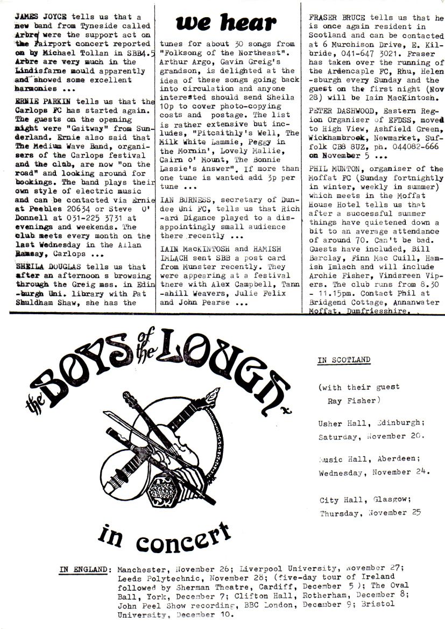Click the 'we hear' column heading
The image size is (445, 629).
click(x=226, y=23)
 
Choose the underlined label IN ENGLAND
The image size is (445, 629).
click(x=85, y=568)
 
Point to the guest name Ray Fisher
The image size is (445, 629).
click(x=352, y=400)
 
